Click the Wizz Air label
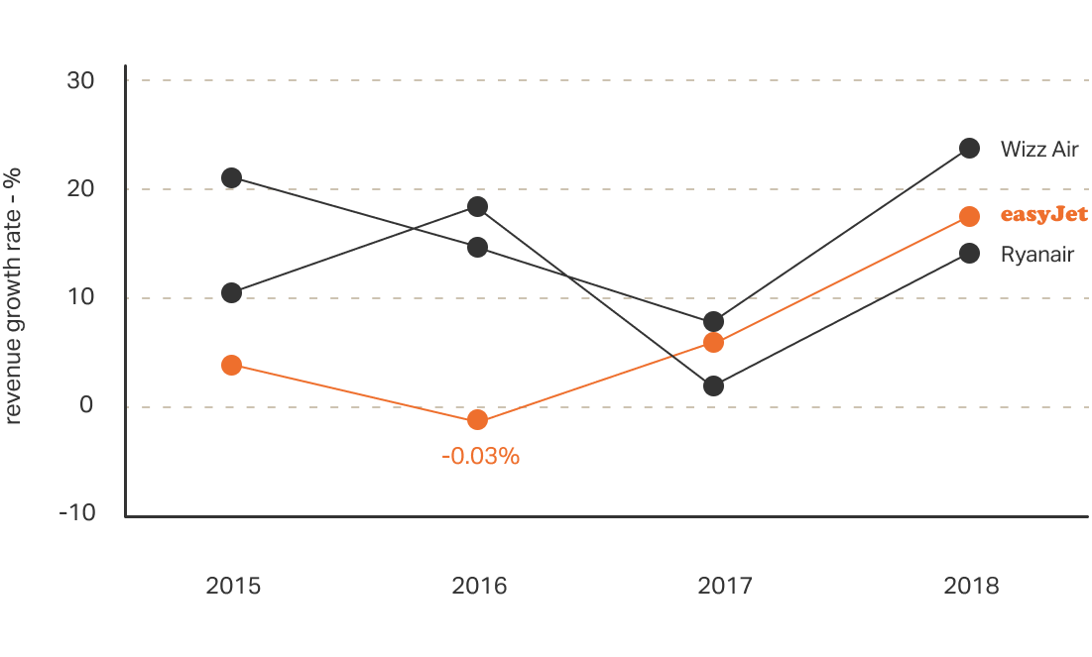click(1038, 150)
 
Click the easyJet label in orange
click(1043, 215)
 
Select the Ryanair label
click(1037, 255)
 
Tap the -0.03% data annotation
click(480, 457)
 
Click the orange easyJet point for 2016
click(477, 420)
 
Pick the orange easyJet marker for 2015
click(231, 365)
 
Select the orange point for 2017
click(713, 343)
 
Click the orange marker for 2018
click(969, 216)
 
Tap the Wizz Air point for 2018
click(969, 149)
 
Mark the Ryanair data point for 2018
click(969, 254)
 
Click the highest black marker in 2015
click(231, 178)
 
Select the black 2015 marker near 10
click(231, 293)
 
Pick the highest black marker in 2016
click(477, 207)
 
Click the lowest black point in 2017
click(713, 386)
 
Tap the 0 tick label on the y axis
click(87, 405)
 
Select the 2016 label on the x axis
click(479, 586)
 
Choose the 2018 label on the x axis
click(971, 586)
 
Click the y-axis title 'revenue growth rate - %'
click(14, 296)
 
